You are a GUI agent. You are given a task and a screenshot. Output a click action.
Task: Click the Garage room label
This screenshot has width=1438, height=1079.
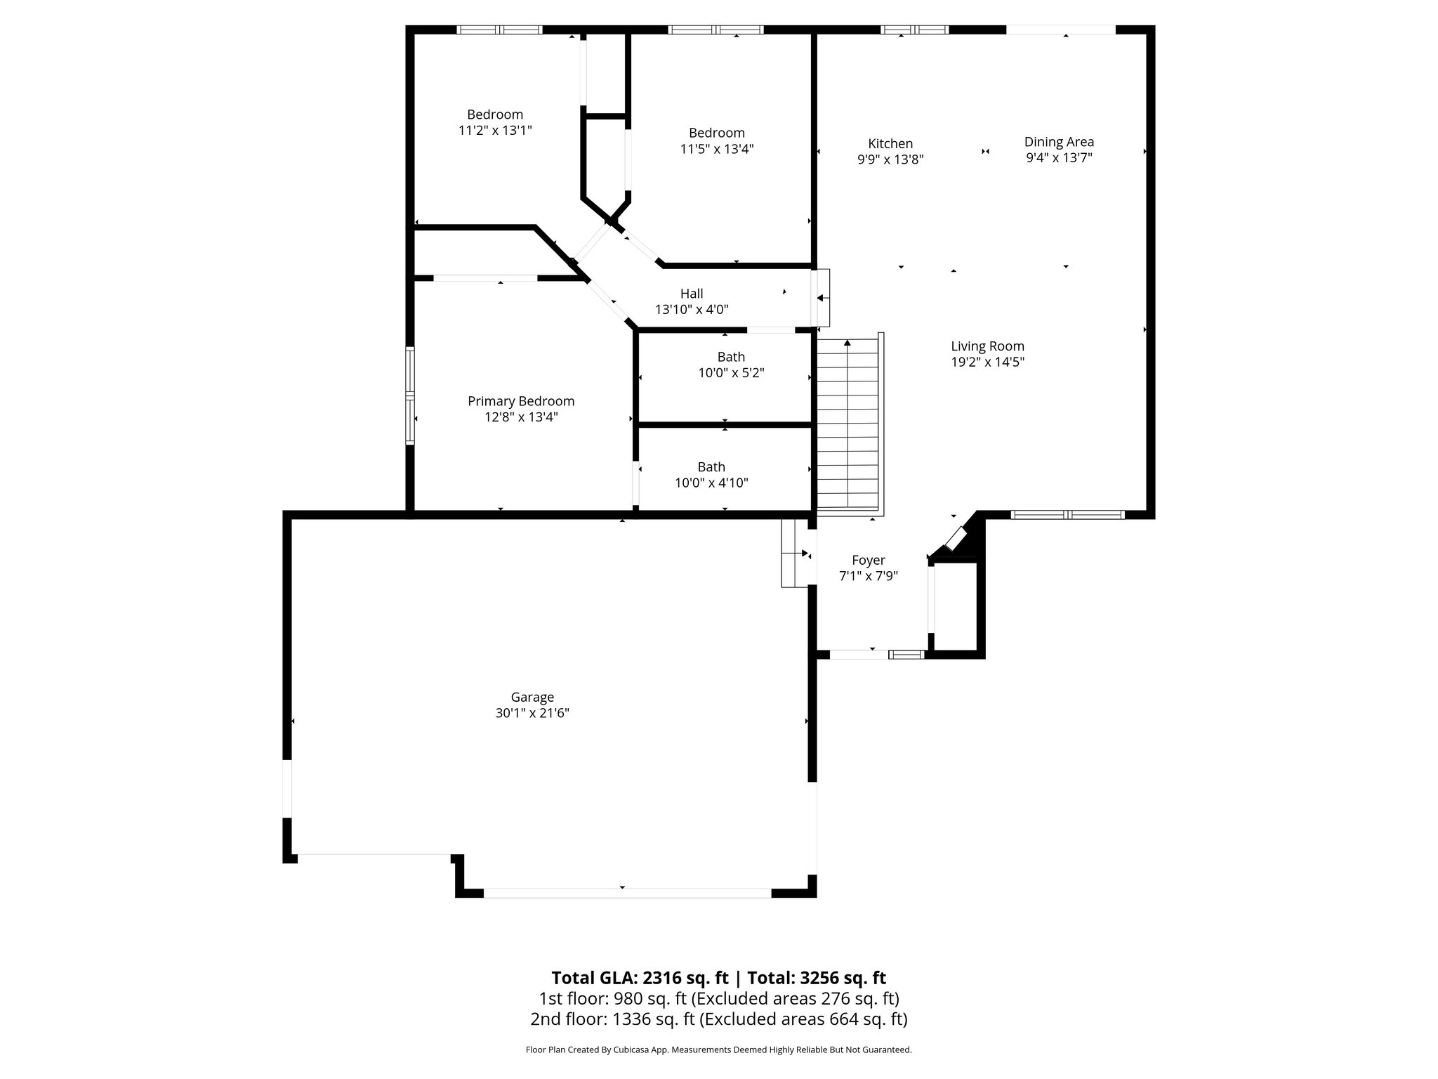[532, 697]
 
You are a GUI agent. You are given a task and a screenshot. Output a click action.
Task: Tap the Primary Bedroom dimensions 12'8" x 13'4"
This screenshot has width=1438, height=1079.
[521, 417]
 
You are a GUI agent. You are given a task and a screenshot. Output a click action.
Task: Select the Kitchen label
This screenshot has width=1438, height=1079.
[890, 144]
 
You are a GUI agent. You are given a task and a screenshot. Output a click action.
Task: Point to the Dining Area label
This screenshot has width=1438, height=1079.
[1059, 142]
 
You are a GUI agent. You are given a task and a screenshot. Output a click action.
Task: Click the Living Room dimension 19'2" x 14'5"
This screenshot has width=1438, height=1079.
[987, 362]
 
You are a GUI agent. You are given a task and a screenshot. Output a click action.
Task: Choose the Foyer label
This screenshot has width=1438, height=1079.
[869, 560]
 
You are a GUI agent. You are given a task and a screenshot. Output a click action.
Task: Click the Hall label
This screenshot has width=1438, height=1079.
[692, 294]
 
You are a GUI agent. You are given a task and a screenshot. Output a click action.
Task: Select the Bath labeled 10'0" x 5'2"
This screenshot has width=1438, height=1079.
[731, 365]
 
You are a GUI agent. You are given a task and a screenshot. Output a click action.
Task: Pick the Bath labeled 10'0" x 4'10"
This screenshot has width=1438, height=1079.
[711, 474]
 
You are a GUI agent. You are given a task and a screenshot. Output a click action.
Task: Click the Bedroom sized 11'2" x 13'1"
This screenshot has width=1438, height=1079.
[495, 122]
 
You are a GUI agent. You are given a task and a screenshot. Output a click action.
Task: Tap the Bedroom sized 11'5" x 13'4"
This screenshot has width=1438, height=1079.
[716, 140]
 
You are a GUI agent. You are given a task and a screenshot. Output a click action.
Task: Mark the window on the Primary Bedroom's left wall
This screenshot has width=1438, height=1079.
[410, 395]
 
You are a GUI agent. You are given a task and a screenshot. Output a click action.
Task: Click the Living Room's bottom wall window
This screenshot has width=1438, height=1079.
[1067, 515]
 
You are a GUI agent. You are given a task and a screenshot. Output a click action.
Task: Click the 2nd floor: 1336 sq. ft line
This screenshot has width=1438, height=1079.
[718, 1019]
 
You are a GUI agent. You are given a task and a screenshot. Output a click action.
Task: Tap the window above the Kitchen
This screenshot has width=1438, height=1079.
[914, 30]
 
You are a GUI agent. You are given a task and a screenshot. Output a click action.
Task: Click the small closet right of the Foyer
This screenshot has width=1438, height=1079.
[955, 606]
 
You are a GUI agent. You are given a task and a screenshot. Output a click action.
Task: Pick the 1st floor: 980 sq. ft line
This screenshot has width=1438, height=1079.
[718, 998]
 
